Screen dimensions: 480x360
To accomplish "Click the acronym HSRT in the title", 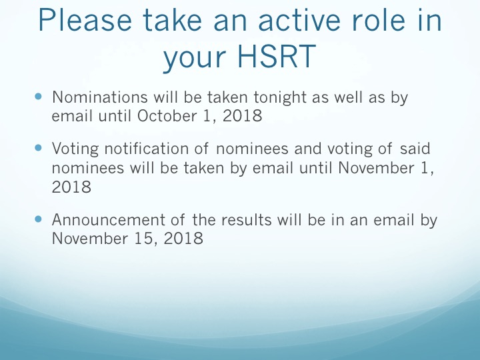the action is point(277,56).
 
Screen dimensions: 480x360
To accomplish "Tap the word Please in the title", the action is point(85,19).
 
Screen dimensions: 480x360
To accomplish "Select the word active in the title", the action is point(299,19).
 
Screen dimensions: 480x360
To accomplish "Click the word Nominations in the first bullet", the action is point(100,97).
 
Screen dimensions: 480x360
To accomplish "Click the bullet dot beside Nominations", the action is point(38,97).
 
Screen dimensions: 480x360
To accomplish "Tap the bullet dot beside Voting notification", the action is point(38,148).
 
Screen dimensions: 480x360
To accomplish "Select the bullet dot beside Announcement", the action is point(38,219).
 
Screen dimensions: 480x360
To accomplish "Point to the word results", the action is point(247,219).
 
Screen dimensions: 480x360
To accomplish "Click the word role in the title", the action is point(379,19).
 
